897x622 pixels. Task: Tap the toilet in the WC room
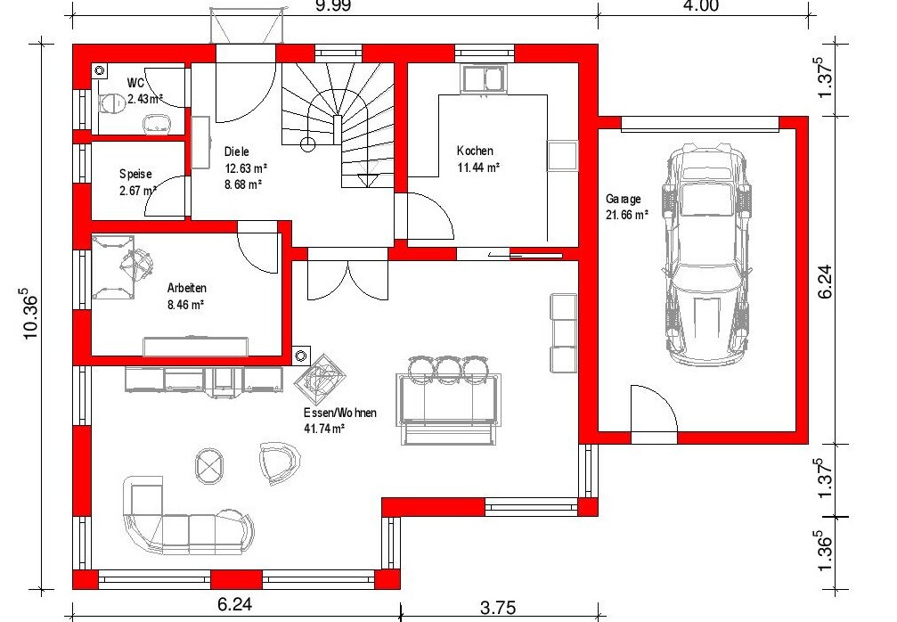(x=112, y=103)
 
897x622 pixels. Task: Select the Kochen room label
(x=475, y=151)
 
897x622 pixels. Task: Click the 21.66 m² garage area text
(x=627, y=215)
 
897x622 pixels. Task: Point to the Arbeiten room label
(x=186, y=288)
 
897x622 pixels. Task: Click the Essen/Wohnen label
(x=339, y=413)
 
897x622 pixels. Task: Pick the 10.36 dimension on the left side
(x=31, y=316)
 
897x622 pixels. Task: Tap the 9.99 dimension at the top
(x=332, y=5)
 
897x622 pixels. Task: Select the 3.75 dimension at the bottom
(x=498, y=607)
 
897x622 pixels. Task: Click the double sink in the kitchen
(x=484, y=78)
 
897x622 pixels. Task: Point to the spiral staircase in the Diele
(x=338, y=125)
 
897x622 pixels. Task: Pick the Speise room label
(x=135, y=174)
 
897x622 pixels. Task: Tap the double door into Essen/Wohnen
(x=347, y=280)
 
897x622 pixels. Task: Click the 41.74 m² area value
(x=323, y=429)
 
